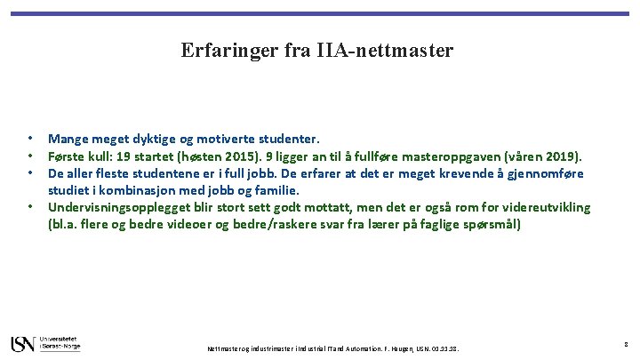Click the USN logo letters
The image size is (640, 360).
(x=22, y=343)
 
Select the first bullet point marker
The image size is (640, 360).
(x=30, y=139)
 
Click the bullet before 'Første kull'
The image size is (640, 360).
(x=30, y=156)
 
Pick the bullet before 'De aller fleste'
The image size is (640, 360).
(x=30, y=172)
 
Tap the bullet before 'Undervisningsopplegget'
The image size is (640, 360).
(x=30, y=207)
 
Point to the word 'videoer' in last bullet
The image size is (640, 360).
(x=180, y=225)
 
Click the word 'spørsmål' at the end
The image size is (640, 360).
(x=494, y=225)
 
